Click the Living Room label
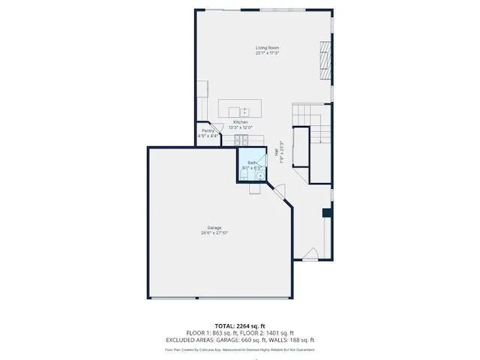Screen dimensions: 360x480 [x=266, y=48]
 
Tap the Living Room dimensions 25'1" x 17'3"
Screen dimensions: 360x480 [x=266, y=53]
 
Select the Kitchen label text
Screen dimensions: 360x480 [x=240, y=122]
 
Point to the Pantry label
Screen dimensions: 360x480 [x=208, y=131]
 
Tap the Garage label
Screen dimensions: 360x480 [x=214, y=227]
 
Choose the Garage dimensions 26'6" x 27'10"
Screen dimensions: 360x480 [x=214, y=232]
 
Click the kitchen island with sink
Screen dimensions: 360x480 [x=240, y=108]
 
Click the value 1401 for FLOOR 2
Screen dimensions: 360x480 [x=276, y=334]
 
